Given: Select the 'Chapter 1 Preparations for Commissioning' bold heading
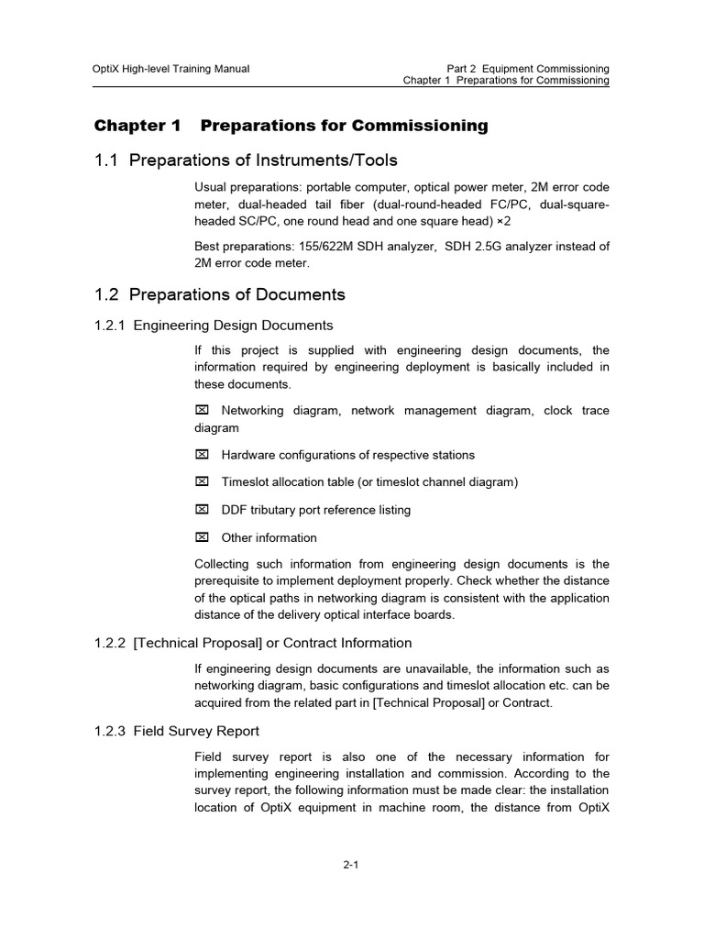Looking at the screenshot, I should point(291,126).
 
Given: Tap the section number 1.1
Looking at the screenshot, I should point(107,161).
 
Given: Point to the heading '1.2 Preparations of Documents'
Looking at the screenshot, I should point(220,294).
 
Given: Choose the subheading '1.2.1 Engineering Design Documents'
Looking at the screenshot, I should point(214,325).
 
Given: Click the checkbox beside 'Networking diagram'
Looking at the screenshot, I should point(203,411).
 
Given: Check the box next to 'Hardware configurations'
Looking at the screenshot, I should point(203,455).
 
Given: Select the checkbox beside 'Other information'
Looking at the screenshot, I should point(203,537).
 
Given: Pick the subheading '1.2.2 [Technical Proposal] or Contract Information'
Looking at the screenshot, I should point(253,643).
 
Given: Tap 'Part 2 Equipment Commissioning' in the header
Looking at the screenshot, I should point(528,69).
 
